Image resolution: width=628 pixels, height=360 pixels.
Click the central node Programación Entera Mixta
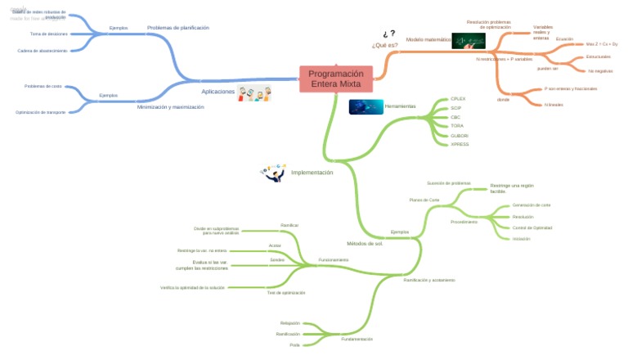point(336,79)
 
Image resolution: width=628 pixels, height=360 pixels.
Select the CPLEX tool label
point(458,98)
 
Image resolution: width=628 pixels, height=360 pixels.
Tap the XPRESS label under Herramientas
point(460,144)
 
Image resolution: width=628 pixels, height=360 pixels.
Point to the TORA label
point(457,126)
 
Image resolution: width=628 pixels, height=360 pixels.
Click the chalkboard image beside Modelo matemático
point(469,40)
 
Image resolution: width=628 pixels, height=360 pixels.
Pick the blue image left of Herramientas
point(366,106)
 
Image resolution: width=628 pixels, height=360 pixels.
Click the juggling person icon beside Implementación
point(272,173)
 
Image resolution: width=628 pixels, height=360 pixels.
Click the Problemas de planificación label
point(177,27)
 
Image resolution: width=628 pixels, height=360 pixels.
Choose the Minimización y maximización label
point(170,107)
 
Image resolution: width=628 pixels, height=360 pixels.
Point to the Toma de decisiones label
point(48,34)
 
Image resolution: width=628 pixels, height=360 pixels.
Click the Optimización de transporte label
point(41,111)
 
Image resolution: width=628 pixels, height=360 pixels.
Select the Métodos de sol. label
point(365,243)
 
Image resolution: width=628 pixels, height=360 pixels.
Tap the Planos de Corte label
point(424,200)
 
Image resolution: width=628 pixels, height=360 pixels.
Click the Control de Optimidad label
point(532,227)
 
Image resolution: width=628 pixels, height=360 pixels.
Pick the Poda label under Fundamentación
point(294,345)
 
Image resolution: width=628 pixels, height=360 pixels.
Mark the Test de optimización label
point(286,292)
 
